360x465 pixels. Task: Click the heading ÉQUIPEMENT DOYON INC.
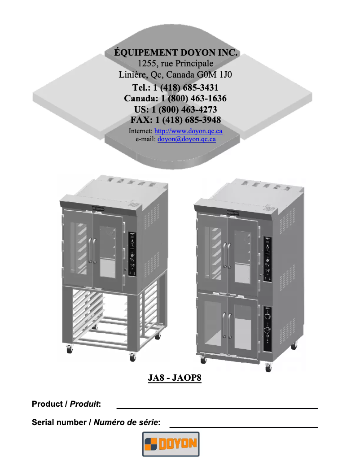click(x=176, y=52)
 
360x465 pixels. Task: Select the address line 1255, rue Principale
click(x=176, y=63)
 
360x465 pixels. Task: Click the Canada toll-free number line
click(x=175, y=98)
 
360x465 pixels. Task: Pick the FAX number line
click(x=176, y=120)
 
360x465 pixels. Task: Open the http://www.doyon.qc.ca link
click(x=188, y=131)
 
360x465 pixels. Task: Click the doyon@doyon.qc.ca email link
click(x=186, y=139)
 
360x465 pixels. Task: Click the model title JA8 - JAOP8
click(x=175, y=378)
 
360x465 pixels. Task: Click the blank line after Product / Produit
click(x=217, y=408)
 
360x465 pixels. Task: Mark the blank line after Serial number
click(x=243, y=426)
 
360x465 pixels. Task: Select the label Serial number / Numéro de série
click(x=96, y=422)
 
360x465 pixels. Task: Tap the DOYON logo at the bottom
click(x=171, y=444)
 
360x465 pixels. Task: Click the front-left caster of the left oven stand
click(x=70, y=349)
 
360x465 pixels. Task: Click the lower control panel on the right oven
click(x=268, y=325)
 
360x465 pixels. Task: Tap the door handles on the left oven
click(x=92, y=250)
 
